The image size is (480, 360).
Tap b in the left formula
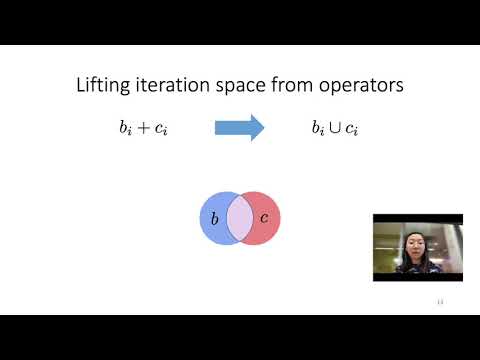120,128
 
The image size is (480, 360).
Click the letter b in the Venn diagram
215,217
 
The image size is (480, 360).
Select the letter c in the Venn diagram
264,218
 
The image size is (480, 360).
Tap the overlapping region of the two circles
239,217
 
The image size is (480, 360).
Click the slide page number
439,301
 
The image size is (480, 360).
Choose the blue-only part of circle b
212,232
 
